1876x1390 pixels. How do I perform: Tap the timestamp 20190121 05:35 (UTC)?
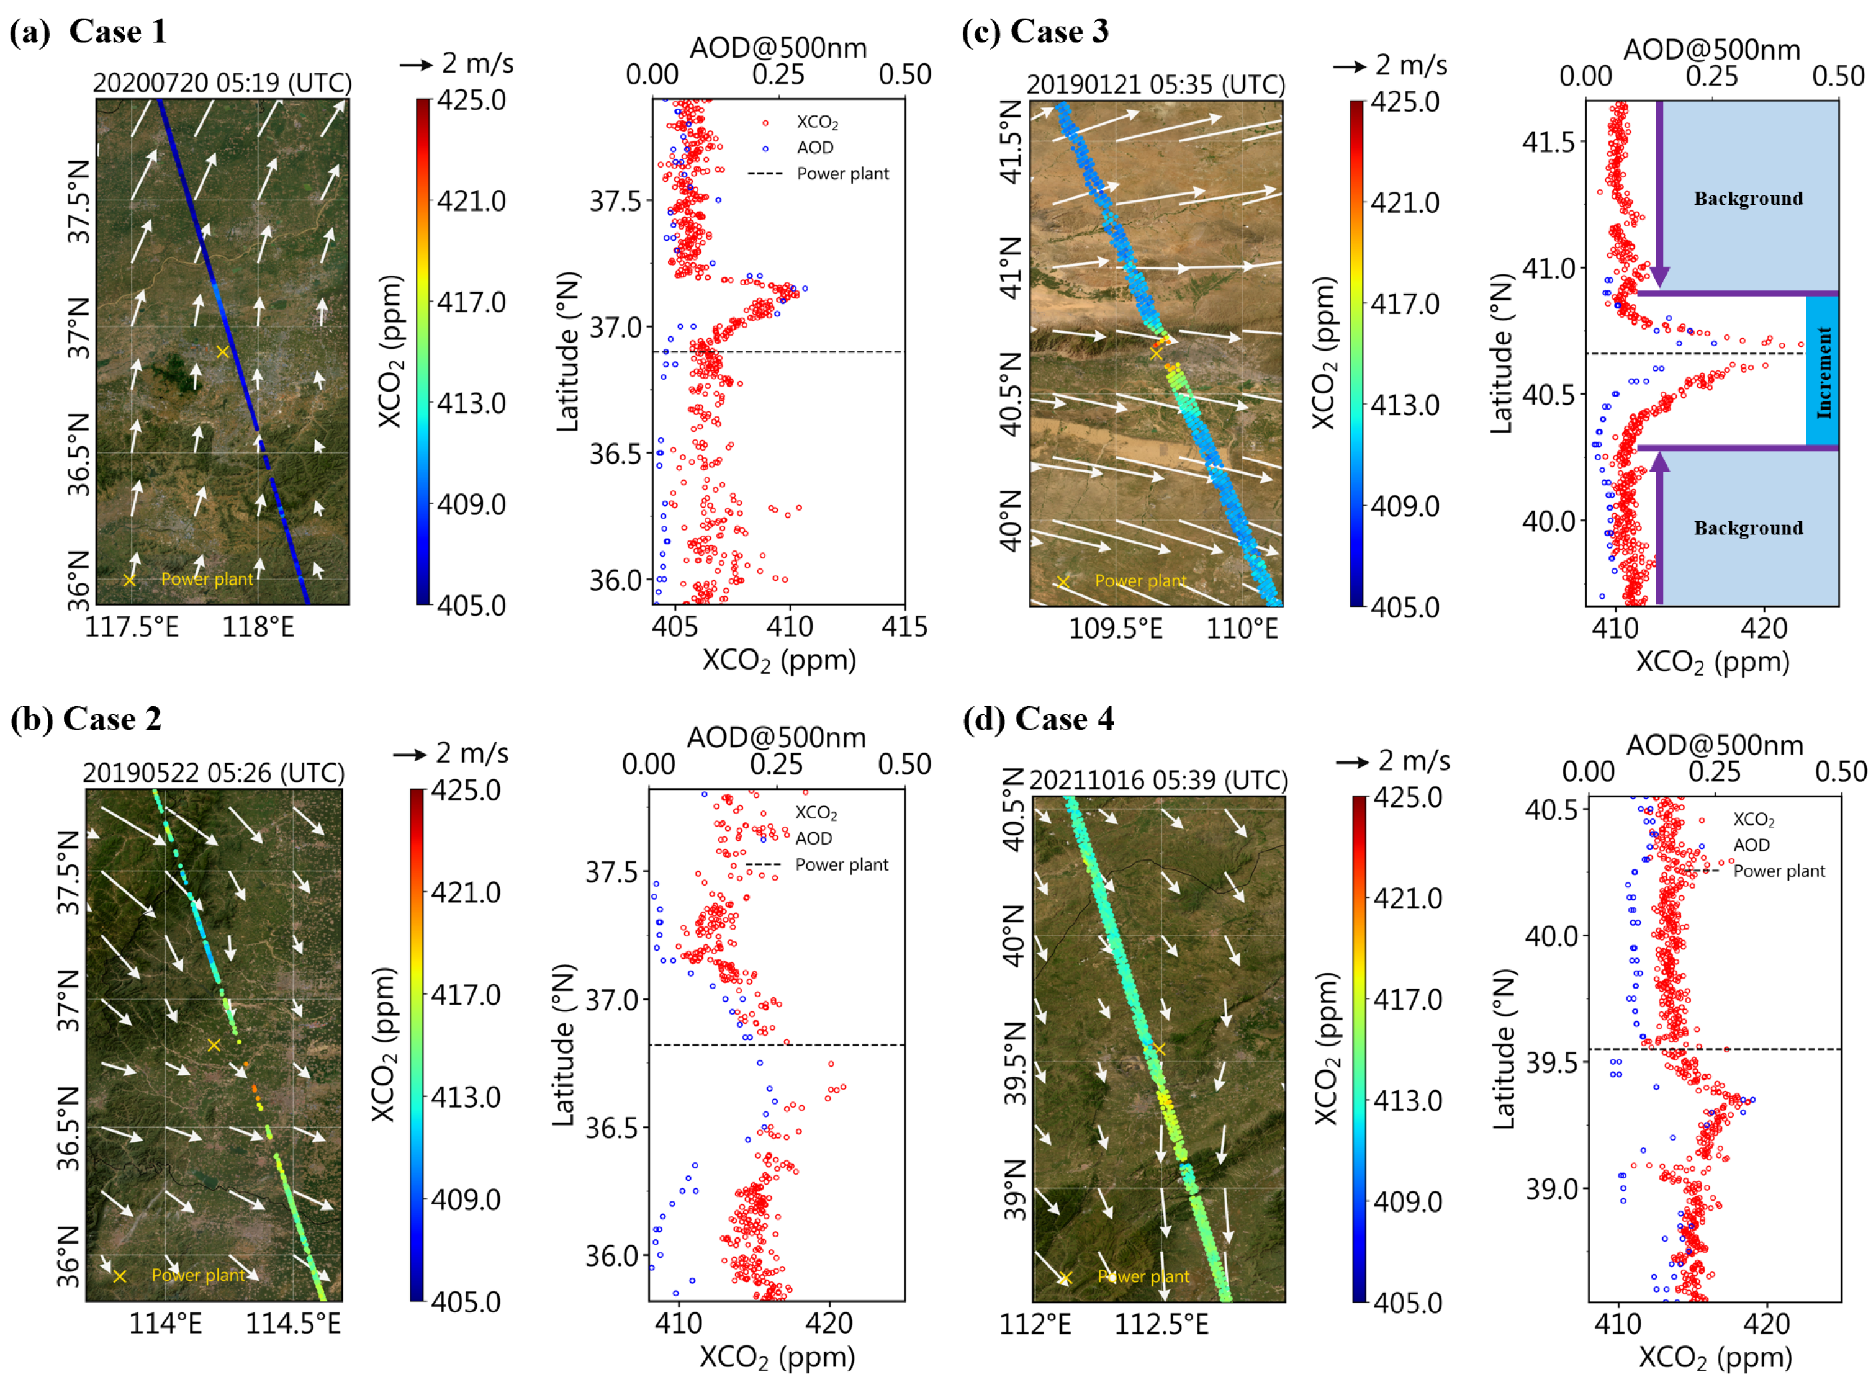point(1155,85)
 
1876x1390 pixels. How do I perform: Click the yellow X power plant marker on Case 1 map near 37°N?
point(222,352)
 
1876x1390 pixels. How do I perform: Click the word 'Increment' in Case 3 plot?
point(1823,372)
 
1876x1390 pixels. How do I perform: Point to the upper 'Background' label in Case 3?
point(1747,199)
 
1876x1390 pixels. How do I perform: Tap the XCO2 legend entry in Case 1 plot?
point(816,123)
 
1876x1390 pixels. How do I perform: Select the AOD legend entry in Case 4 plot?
point(1751,844)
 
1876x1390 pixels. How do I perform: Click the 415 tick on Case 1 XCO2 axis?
point(904,626)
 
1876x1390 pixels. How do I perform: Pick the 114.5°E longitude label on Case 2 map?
point(293,1324)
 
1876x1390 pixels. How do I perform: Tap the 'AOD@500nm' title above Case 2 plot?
point(776,737)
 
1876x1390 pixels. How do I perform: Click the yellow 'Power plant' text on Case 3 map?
point(1140,581)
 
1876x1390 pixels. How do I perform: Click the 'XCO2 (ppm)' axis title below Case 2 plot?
point(776,1357)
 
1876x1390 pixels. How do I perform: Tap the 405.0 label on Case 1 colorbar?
point(471,605)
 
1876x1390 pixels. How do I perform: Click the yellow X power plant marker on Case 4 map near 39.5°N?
point(1159,1048)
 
